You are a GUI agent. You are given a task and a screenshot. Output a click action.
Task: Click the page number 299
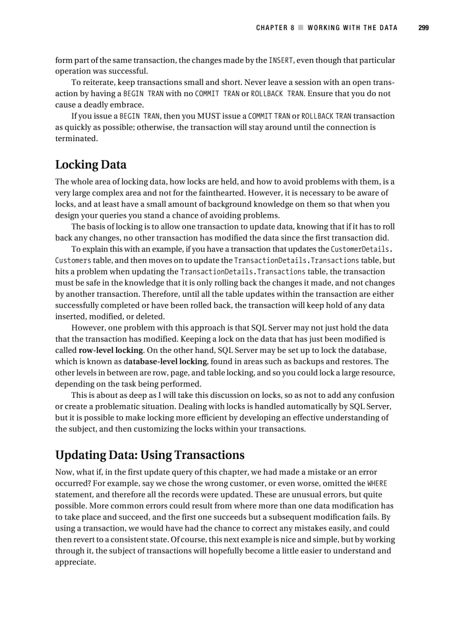424,28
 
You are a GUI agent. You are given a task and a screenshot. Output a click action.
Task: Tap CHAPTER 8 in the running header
275,28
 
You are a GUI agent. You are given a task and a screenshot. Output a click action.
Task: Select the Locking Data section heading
90,164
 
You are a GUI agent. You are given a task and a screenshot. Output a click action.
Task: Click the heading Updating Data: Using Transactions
149,455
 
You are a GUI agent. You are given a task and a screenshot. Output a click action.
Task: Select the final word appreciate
75,562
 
